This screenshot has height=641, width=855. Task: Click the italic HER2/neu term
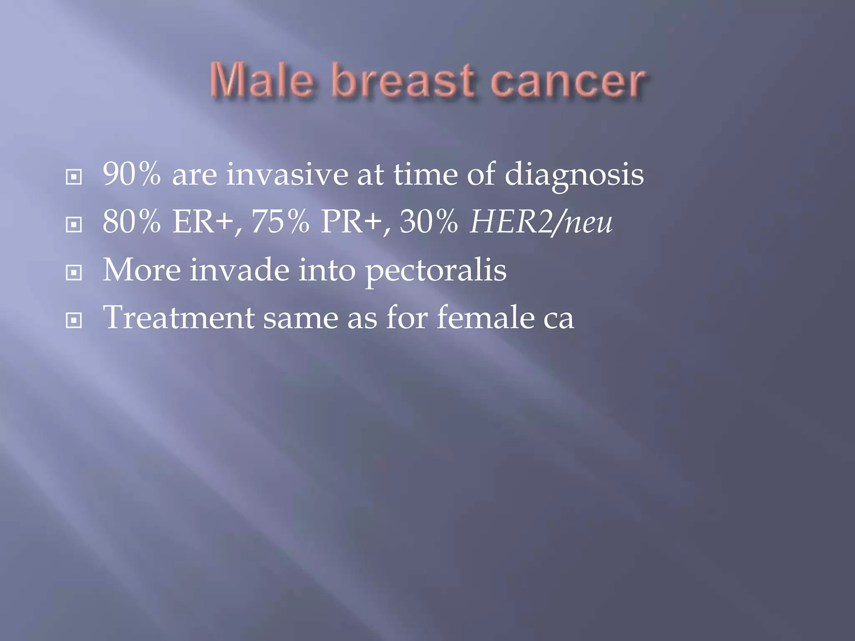pyautogui.click(x=541, y=222)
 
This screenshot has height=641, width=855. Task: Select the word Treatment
pyautogui.click(x=179, y=318)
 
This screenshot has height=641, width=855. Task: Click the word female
pyautogui.click(x=486, y=318)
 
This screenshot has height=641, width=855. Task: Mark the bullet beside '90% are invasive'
pyautogui.click(x=74, y=177)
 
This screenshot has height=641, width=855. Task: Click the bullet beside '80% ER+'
pyautogui.click(x=74, y=225)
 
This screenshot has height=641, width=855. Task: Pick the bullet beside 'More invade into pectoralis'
pyautogui.click(x=74, y=273)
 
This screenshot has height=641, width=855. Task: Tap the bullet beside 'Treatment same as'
pyautogui.click(x=74, y=321)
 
